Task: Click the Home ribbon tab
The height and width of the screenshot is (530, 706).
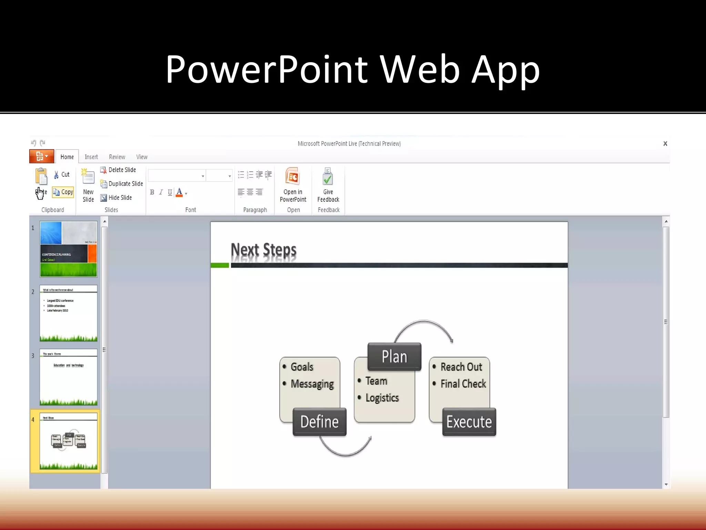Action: (x=67, y=157)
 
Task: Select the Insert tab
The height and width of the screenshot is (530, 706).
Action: (x=91, y=157)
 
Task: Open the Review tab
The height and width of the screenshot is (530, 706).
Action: (x=117, y=157)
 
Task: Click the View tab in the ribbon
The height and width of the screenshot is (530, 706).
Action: (x=142, y=157)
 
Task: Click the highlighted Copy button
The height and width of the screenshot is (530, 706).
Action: (x=63, y=192)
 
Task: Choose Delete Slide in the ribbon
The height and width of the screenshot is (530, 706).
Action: (x=118, y=170)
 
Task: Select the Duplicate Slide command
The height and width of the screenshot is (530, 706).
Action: (x=122, y=184)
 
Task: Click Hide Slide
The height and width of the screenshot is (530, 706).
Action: (x=116, y=198)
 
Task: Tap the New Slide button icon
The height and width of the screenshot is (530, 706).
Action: (x=88, y=177)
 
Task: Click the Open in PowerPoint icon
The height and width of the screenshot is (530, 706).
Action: (x=293, y=177)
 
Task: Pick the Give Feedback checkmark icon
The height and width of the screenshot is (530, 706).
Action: (x=328, y=177)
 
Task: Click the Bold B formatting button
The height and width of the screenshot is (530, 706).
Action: (x=152, y=193)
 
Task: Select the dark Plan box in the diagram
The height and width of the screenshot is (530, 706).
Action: (x=394, y=356)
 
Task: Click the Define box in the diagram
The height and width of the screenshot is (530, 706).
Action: (x=320, y=422)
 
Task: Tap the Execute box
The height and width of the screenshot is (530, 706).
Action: (x=469, y=422)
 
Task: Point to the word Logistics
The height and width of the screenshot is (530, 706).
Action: (x=382, y=398)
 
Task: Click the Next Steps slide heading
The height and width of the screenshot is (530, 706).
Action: (x=263, y=250)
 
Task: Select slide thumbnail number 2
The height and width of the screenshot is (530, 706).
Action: (x=69, y=313)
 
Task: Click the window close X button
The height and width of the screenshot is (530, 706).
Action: (x=665, y=144)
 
